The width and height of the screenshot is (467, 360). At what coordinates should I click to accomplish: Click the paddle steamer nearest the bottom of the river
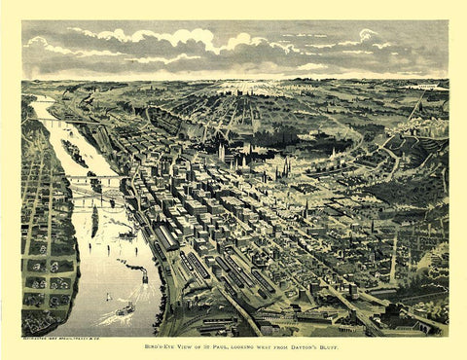click(x=126, y=310)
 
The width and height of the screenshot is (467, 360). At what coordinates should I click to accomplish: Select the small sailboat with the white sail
click(x=109, y=297)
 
